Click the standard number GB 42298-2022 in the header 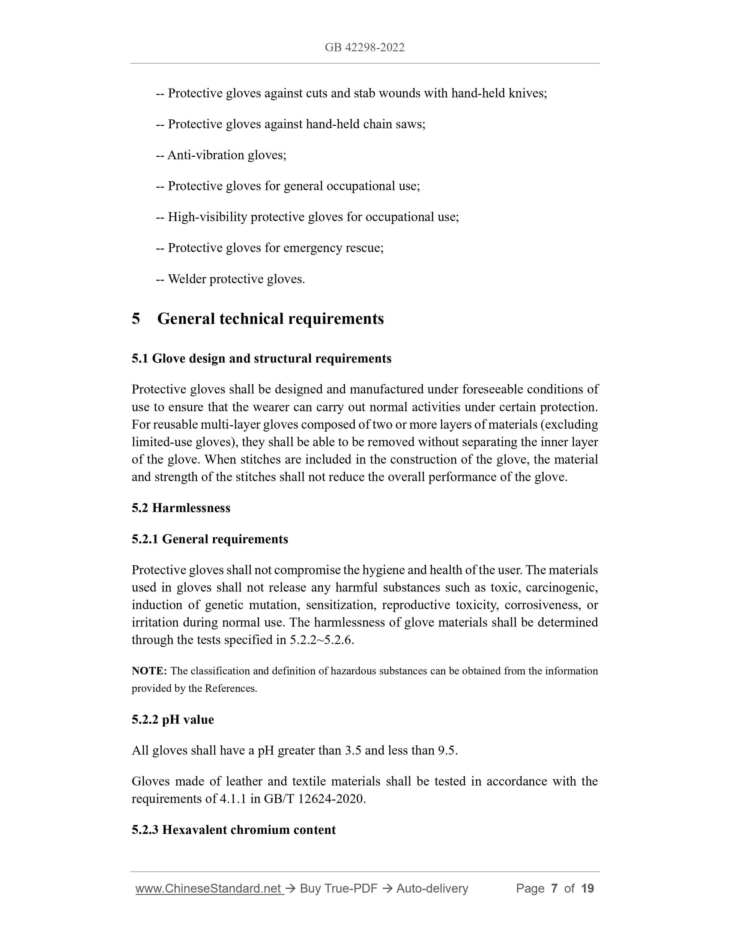click(x=365, y=48)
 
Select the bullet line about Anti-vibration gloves click(x=221, y=155)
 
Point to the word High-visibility click(x=207, y=217)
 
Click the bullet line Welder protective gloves click(x=230, y=279)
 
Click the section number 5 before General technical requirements click(x=136, y=319)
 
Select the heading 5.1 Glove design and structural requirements click(x=261, y=358)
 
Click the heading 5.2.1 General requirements click(x=210, y=539)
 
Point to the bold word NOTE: click(x=149, y=671)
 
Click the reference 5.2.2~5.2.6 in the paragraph click(x=321, y=640)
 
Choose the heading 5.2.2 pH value click(x=173, y=719)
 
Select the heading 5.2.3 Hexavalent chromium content click(x=234, y=830)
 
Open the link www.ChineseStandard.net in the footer click(x=209, y=889)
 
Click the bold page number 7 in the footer click(x=554, y=889)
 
